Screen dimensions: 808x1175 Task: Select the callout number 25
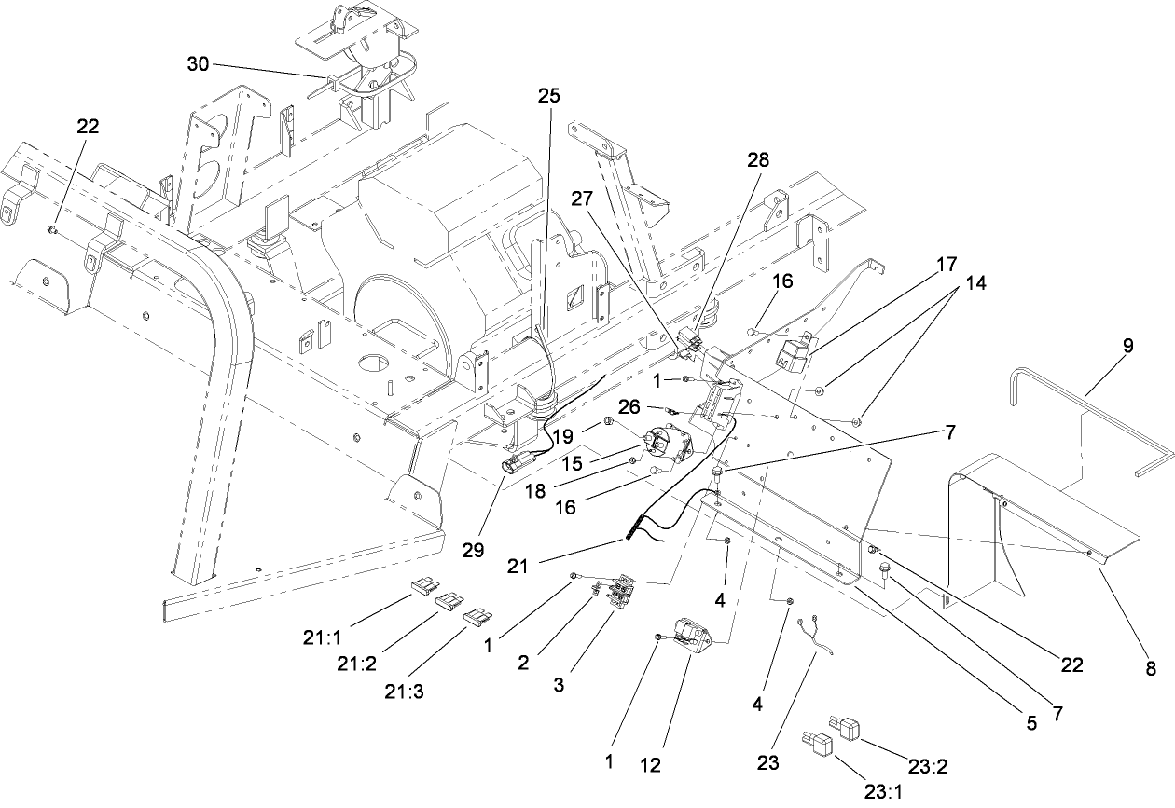549,96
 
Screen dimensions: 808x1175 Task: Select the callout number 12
650,765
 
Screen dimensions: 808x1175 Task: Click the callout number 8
1150,667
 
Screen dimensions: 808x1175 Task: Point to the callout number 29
473,550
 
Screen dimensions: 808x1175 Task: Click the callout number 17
947,265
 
